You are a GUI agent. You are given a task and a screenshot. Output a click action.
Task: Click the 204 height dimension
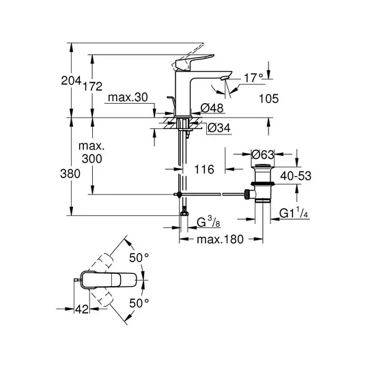click(x=71, y=81)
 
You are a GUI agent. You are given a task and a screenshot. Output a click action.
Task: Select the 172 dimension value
click(x=93, y=87)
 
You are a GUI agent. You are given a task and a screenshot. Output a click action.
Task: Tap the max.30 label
click(x=128, y=98)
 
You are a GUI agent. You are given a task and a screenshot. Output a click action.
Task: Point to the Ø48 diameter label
click(x=212, y=108)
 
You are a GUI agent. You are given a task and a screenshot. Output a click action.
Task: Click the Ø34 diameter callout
click(x=219, y=128)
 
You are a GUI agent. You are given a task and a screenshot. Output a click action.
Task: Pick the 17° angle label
click(x=253, y=78)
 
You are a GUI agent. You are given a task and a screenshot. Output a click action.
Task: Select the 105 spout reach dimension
click(x=269, y=99)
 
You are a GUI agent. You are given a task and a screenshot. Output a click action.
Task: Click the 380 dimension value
click(x=70, y=174)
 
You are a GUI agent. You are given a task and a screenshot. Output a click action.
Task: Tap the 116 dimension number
click(x=204, y=169)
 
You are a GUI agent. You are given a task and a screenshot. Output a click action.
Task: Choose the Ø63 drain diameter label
click(x=263, y=155)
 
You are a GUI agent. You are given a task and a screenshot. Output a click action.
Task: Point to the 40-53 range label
click(x=296, y=175)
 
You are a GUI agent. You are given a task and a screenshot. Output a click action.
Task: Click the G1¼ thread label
click(x=294, y=213)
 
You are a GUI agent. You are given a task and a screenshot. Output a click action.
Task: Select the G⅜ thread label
click(x=208, y=222)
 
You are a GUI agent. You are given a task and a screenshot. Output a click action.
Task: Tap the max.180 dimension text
click(x=220, y=239)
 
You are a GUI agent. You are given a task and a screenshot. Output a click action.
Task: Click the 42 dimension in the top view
click(x=82, y=309)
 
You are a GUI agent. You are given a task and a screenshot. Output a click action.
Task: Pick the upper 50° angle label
click(x=139, y=258)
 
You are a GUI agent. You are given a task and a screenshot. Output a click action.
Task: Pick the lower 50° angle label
click(x=139, y=303)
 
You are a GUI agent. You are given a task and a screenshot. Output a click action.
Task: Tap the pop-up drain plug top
click(x=263, y=166)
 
